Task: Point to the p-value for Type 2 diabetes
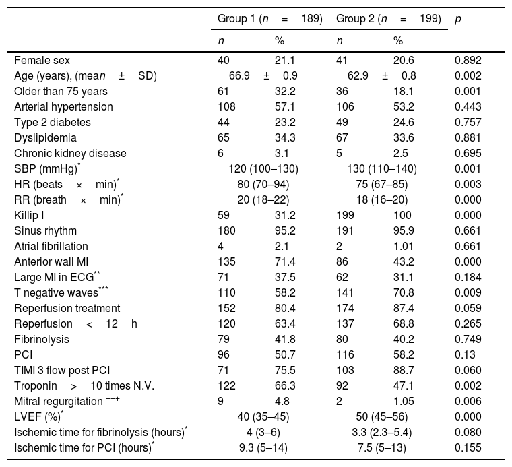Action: (468, 122)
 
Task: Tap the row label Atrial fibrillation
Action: (51, 246)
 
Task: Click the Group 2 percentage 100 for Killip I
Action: (402, 215)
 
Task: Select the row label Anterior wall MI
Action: (50, 261)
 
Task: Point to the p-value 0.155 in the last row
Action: (468, 447)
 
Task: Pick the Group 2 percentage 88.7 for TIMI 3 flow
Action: (403, 370)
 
